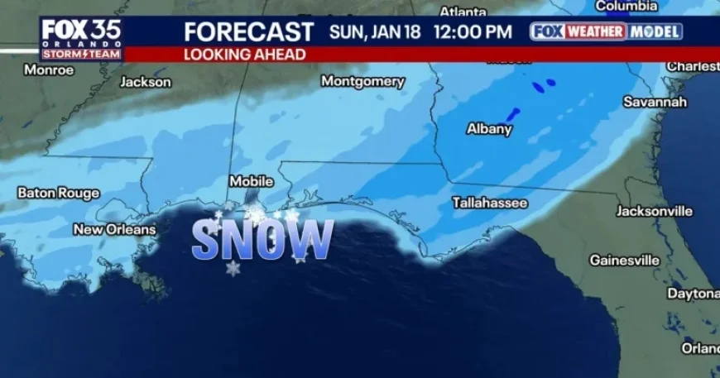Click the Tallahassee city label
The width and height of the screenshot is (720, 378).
click(489, 202)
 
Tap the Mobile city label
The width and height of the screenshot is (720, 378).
click(251, 181)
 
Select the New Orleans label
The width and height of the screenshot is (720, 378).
click(114, 229)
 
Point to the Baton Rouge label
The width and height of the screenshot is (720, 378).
click(58, 193)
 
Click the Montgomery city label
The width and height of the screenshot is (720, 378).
click(362, 81)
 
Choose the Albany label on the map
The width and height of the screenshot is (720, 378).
click(489, 128)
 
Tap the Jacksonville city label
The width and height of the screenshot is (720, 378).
click(654, 211)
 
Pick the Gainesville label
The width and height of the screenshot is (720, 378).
click(624, 260)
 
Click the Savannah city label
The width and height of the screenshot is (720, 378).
click(655, 102)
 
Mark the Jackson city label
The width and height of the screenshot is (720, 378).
click(146, 82)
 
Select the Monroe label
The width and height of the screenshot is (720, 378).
click(49, 69)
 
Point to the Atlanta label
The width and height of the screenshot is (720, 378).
click(463, 12)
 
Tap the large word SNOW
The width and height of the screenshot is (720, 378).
click(262, 240)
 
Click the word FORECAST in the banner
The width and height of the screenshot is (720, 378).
click(248, 32)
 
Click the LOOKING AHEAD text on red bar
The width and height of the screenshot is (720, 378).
click(244, 55)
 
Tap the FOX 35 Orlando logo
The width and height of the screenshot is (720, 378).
click(81, 37)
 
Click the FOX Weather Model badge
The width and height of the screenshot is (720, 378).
click(606, 31)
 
